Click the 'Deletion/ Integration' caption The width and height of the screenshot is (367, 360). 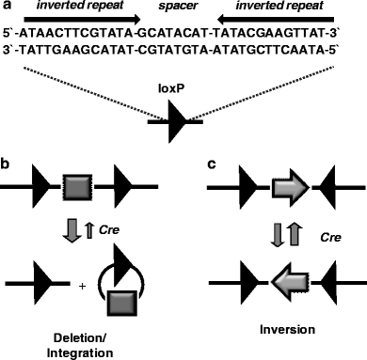78,341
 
